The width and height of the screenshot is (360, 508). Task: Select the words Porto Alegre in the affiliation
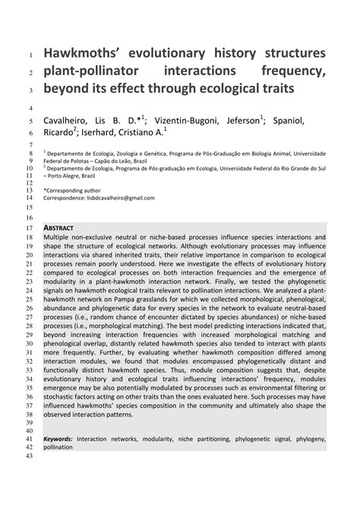(68, 172)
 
